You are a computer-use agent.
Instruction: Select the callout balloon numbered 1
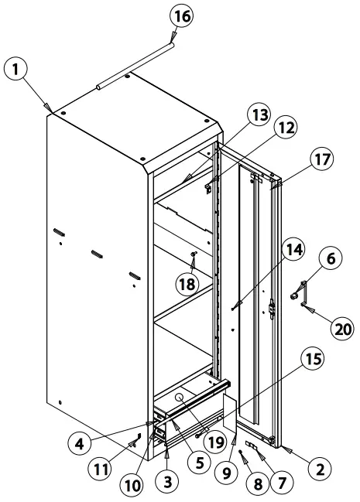point(15,70)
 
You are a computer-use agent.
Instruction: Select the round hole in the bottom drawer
point(180,398)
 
